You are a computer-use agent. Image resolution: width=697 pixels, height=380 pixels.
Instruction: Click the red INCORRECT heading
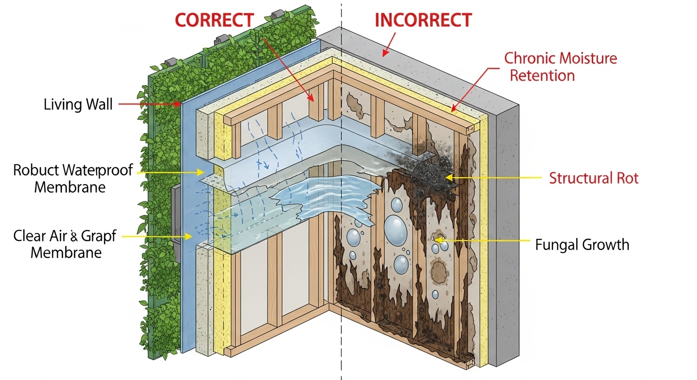pos(423,20)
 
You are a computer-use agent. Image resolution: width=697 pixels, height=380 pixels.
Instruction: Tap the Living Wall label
pos(78,104)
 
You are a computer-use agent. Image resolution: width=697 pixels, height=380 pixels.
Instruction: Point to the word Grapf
pos(100,236)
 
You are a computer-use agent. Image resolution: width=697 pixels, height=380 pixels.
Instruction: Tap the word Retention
pos(542,76)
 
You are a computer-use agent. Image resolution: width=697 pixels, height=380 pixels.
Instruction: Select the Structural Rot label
pos(594,178)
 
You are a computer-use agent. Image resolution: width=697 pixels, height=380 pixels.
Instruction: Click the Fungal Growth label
pos(582,244)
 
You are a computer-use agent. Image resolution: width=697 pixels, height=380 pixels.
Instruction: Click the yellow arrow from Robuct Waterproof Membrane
pos(168,172)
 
